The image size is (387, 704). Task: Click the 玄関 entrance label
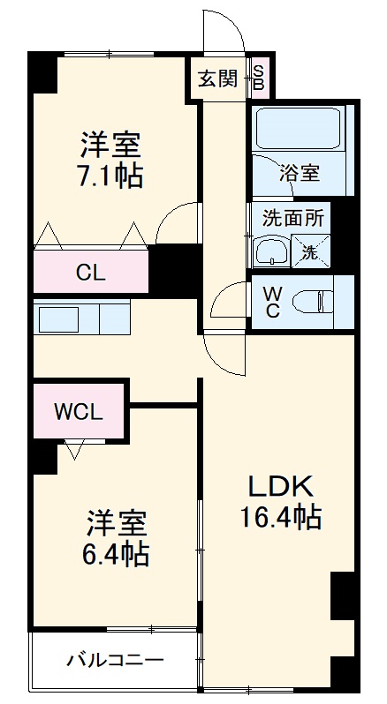(x=216, y=79)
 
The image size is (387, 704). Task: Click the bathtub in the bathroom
(x=297, y=131)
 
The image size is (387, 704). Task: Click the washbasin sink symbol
(x=269, y=252)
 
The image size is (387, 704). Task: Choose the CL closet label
(x=90, y=273)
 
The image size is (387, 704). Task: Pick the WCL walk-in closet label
(x=79, y=411)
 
